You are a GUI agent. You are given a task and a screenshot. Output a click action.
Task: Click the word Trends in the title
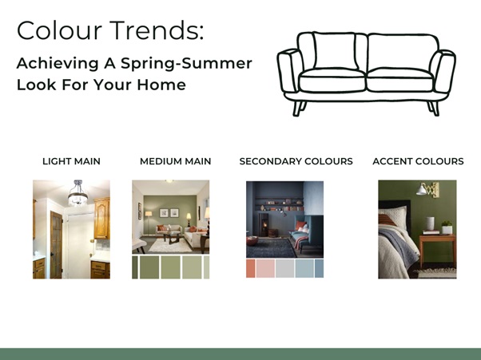(x=157, y=30)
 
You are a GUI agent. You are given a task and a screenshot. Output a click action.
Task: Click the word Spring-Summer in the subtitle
(x=186, y=63)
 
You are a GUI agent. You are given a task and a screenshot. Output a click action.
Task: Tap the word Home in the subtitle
(x=161, y=85)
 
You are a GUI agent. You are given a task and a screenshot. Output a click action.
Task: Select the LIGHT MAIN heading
(x=71, y=161)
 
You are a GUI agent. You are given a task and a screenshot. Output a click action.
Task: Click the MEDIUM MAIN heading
(x=176, y=161)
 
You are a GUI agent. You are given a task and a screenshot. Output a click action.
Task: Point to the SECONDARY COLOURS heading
(x=296, y=161)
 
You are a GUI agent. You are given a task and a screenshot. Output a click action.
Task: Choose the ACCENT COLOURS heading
(x=418, y=161)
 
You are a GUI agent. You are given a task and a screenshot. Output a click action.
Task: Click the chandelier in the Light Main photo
(x=78, y=194)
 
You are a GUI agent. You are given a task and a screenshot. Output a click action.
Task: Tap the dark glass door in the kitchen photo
(x=56, y=244)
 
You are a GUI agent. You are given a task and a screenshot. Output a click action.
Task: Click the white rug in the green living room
(x=170, y=245)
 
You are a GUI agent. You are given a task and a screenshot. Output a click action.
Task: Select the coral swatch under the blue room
(x=251, y=269)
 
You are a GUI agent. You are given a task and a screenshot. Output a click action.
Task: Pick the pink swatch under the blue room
(x=265, y=269)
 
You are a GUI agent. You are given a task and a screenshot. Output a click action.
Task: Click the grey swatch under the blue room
(x=285, y=269)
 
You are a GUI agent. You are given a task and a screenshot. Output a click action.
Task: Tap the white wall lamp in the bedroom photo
(x=422, y=190)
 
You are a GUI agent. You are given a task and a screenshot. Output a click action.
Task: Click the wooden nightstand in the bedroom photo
(x=437, y=248)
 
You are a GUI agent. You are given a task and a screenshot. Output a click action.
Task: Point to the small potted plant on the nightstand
(x=447, y=227)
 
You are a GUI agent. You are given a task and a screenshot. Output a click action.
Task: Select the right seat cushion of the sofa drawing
(x=400, y=80)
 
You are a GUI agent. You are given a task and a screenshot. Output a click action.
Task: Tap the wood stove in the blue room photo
(x=263, y=224)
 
